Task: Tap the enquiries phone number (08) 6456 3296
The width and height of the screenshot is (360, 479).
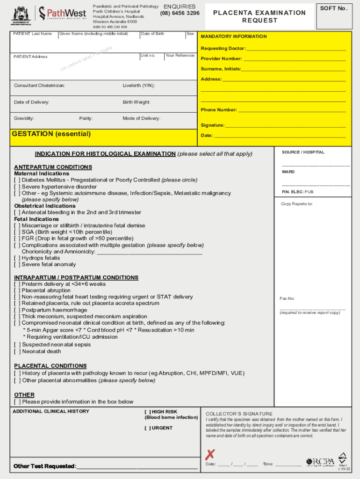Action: (180, 14)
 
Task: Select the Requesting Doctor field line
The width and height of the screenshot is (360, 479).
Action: (296, 49)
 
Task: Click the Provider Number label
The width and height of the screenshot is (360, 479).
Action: (222, 59)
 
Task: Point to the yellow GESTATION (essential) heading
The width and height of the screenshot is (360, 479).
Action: (51, 134)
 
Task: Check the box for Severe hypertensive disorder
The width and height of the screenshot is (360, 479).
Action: (17, 187)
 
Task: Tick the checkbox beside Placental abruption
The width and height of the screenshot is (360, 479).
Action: (17, 290)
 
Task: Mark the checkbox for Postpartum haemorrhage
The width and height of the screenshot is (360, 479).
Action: (17, 310)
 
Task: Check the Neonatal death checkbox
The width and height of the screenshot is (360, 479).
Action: (17, 351)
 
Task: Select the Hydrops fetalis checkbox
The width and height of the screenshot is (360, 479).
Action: (17, 258)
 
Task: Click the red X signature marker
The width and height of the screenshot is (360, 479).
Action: (211, 454)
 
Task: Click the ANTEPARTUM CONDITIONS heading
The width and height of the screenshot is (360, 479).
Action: (53, 167)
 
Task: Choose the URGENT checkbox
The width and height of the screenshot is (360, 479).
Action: (147, 428)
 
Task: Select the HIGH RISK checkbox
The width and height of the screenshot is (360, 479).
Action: (147, 412)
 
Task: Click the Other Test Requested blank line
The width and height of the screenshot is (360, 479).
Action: (136, 466)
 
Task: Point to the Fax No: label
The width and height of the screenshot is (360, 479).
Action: (287, 298)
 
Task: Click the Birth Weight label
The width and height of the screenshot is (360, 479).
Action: (137, 102)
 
